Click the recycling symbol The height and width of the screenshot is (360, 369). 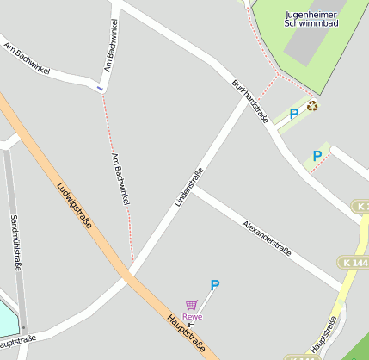[x=313, y=106]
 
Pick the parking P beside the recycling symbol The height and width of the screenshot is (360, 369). [x=294, y=113]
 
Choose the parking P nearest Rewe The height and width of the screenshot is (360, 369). [x=215, y=285]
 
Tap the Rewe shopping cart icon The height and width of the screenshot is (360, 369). [x=191, y=305]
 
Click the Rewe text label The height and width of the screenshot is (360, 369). [x=192, y=317]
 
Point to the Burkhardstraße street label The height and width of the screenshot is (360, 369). [x=250, y=102]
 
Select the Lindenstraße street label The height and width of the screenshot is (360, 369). [x=189, y=186]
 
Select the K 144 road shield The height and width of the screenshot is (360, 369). [x=360, y=262]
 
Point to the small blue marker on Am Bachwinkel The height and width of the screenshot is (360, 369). [x=100, y=88]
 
